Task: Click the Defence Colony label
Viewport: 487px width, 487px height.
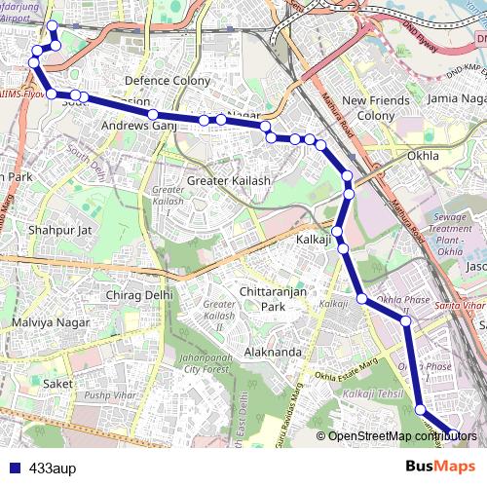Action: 162,81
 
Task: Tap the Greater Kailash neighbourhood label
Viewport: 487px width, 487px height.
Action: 229,181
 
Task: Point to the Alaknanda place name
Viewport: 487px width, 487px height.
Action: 273,351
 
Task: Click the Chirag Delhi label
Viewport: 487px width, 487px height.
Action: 138,294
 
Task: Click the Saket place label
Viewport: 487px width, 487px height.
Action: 58,384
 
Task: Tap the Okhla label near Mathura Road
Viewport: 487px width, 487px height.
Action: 424,155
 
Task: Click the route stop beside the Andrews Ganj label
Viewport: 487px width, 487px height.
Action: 153,115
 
